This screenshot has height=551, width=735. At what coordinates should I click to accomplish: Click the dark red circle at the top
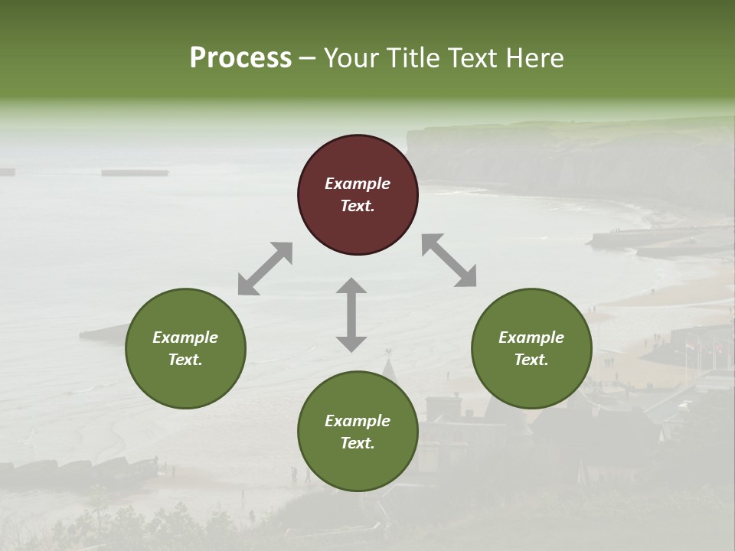click(x=358, y=161)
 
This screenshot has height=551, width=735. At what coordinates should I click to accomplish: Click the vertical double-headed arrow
click(x=351, y=315)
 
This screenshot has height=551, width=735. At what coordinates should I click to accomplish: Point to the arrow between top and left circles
click(x=265, y=269)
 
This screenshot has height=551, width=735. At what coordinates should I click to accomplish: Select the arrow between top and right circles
click(x=449, y=260)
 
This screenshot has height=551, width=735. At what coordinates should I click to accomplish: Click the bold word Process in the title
click(x=240, y=58)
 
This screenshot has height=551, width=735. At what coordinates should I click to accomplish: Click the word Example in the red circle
click(x=358, y=184)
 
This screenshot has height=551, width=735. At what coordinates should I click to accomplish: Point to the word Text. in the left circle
click(x=185, y=360)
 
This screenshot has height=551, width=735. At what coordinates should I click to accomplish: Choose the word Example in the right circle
click(x=531, y=337)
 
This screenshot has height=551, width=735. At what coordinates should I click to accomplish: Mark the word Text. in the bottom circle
click(x=358, y=443)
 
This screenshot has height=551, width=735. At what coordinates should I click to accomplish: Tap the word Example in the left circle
click(x=185, y=337)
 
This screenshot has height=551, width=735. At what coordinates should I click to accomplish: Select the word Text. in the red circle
click(x=358, y=206)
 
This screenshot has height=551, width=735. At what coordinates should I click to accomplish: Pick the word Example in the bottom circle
click(x=358, y=421)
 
